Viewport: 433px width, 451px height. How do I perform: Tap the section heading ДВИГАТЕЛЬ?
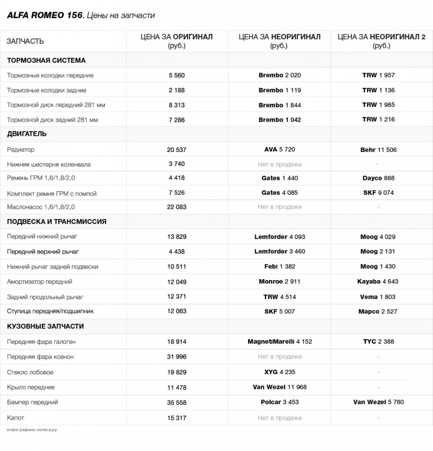coord(27,134)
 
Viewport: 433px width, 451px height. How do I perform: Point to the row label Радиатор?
coord(21,149)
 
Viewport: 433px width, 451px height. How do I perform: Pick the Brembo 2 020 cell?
coord(280,75)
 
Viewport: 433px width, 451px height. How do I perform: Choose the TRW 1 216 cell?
coord(378,120)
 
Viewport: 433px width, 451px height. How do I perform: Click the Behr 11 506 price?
coord(378,150)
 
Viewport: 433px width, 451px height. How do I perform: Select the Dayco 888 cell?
coord(378,178)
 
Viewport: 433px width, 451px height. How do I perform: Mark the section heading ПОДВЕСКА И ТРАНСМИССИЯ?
coord(56,222)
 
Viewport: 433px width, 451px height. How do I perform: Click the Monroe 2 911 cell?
coord(280,281)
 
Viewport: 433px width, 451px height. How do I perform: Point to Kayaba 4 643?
coord(378,281)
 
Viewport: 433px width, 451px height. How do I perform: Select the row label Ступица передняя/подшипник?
coord(50,311)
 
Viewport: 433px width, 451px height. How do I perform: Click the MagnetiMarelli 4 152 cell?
coord(280,341)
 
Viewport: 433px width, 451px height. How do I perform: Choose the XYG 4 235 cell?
coord(280,372)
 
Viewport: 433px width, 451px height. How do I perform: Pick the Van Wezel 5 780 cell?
coord(378,402)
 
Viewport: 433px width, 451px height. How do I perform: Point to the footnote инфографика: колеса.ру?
coord(32,430)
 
